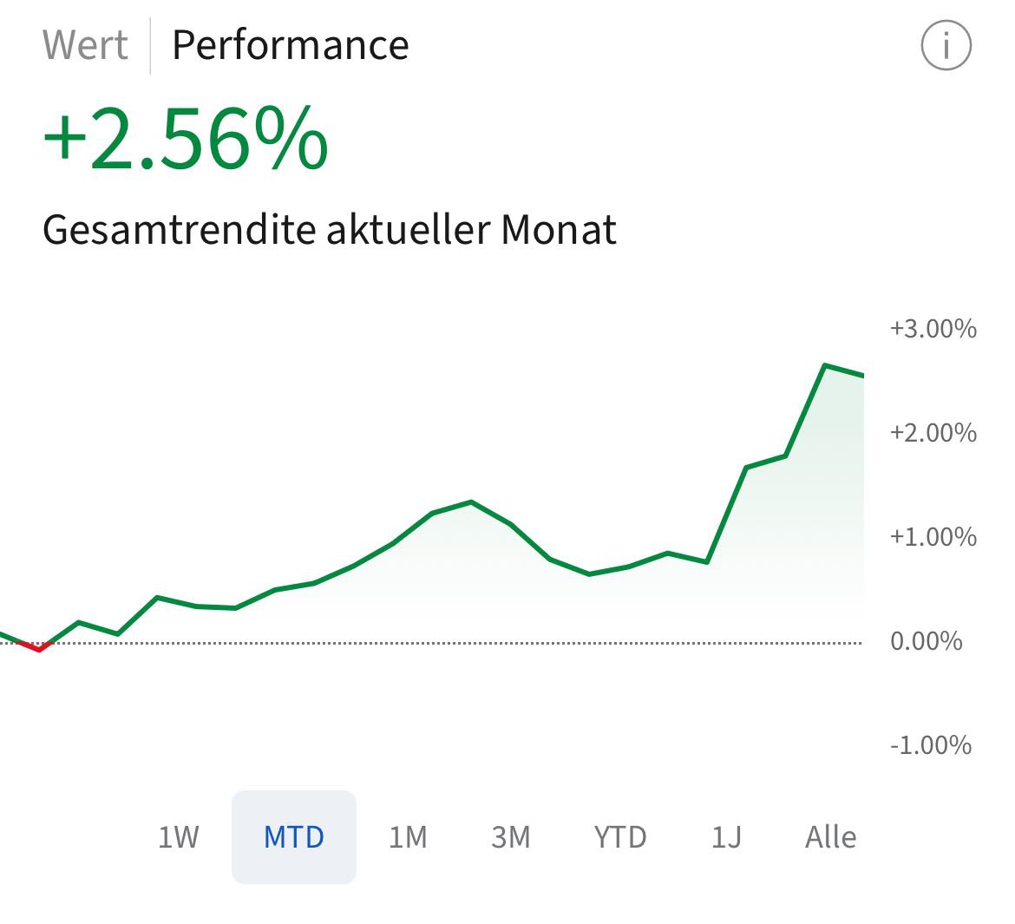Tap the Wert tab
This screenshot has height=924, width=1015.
pyautogui.click(x=85, y=45)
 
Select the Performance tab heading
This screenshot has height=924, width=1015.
pyautogui.click(x=290, y=45)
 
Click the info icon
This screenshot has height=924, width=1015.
pyautogui.click(x=946, y=45)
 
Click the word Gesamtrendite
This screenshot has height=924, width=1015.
pyautogui.click(x=178, y=230)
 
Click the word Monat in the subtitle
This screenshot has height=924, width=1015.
pyautogui.click(x=559, y=230)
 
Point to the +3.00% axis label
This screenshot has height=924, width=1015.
pyautogui.click(x=933, y=329)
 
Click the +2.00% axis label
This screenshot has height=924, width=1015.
pyautogui.click(x=933, y=433)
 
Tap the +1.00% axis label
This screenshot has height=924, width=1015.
pyautogui.click(x=933, y=537)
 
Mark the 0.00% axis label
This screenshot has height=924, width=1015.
pyautogui.click(x=927, y=641)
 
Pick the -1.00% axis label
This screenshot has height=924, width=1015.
pyautogui.click(x=930, y=745)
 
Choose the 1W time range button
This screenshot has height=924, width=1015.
pyautogui.click(x=178, y=837)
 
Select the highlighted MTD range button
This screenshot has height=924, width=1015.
pyautogui.click(x=294, y=837)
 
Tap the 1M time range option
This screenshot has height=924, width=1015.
pyautogui.click(x=408, y=837)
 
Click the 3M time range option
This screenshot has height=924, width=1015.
pyautogui.click(x=510, y=837)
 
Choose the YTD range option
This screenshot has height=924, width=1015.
pyautogui.click(x=620, y=837)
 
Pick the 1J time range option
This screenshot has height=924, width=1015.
pyautogui.click(x=726, y=837)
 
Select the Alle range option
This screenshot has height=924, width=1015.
pyautogui.click(x=830, y=837)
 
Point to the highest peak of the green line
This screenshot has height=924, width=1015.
pyautogui.click(x=825, y=365)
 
